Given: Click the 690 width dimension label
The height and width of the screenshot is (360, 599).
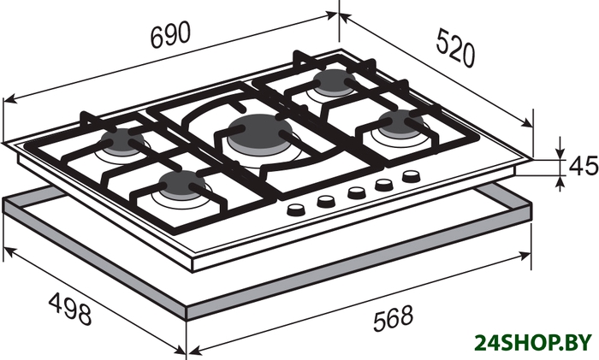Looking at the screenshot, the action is [170, 35].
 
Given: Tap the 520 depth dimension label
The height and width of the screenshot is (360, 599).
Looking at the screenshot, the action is [456, 48].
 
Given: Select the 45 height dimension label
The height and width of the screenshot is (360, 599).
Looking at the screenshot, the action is [584, 166].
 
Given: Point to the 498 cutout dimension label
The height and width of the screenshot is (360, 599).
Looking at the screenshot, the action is [70, 308].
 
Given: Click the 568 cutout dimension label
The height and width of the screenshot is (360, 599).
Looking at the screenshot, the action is [393, 317].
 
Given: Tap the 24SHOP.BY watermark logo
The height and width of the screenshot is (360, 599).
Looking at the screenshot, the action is [533, 342].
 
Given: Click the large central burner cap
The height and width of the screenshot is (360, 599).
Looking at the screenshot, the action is [259, 131].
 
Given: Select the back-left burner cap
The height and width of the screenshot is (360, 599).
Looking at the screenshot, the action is [123, 140].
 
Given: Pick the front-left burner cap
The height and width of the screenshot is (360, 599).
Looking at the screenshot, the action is [182, 184].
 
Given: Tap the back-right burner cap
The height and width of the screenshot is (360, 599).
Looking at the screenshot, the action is [335, 81].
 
